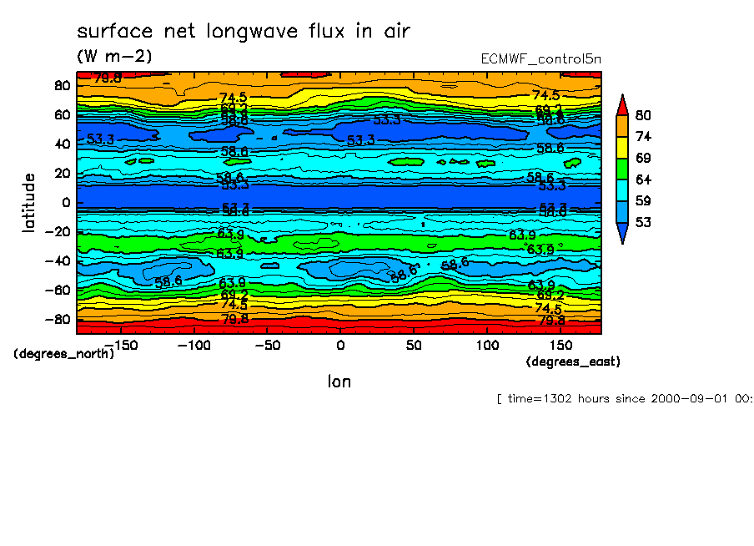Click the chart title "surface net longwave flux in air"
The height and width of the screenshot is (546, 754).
tap(244, 32)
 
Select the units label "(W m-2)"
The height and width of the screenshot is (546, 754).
tap(114, 56)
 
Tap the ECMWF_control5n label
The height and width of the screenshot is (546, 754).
tap(540, 58)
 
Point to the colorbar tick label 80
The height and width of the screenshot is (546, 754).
tap(642, 115)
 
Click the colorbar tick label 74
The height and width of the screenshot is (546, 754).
tap(642, 136)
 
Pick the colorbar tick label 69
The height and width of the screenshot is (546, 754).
tap(642, 158)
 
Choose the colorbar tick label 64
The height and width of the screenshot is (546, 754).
tap(642, 179)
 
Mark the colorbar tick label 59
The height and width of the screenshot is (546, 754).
tap(642, 200)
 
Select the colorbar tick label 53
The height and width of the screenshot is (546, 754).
tap(642, 222)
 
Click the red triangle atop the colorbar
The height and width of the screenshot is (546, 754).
tap(621, 104)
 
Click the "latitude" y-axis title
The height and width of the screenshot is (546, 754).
tap(29, 203)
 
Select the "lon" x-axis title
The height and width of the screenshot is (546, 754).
tap(339, 382)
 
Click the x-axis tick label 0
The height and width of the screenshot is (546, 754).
tap(339, 345)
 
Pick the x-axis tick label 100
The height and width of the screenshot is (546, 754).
tap(487, 345)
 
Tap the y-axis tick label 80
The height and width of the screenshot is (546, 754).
tap(61, 85)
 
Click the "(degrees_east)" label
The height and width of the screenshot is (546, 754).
tap(573, 361)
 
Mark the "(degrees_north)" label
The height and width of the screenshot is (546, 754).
tap(63, 353)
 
